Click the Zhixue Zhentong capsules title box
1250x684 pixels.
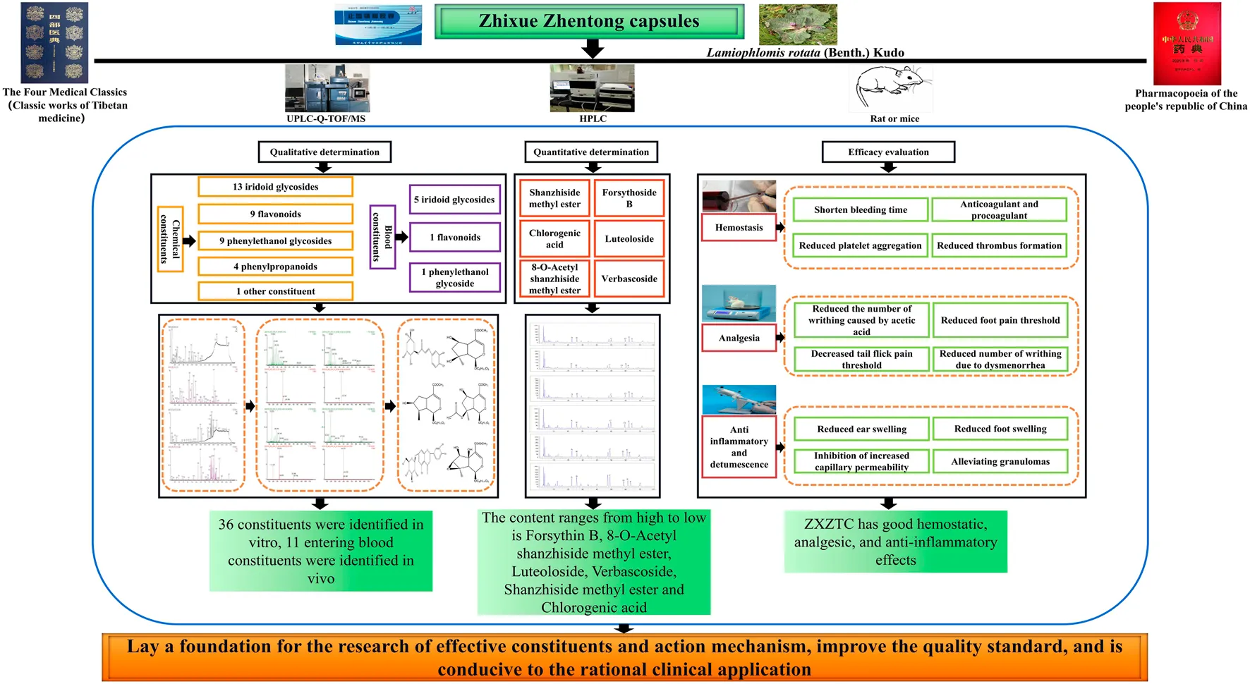[x=589, y=21]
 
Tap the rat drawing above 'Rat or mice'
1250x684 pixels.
[x=890, y=87]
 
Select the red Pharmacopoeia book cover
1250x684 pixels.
[x=1187, y=44]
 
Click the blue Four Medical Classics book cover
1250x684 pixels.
[x=54, y=42]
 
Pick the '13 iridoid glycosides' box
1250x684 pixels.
[x=275, y=187]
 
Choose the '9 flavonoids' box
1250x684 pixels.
[x=275, y=214]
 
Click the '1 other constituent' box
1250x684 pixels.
[x=275, y=291]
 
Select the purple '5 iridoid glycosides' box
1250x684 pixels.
[x=454, y=200]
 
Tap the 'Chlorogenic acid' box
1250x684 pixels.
[x=554, y=239]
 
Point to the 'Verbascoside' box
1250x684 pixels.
[x=629, y=279]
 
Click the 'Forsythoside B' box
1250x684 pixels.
[x=629, y=198]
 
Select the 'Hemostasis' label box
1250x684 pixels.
[x=739, y=228]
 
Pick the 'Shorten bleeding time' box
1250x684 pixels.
[x=860, y=209]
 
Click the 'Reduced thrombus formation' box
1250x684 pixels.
[x=999, y=245]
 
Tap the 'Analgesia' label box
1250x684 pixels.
[x=739, y=338]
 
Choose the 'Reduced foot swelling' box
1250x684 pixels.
[x=1000, y=429]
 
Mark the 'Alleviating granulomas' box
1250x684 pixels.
[x=1000, y=462]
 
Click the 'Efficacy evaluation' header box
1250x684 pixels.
[x=888, y=152]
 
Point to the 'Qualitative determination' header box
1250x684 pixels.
[x=324, y=152]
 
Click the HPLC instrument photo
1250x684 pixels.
[x=592, y=88]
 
